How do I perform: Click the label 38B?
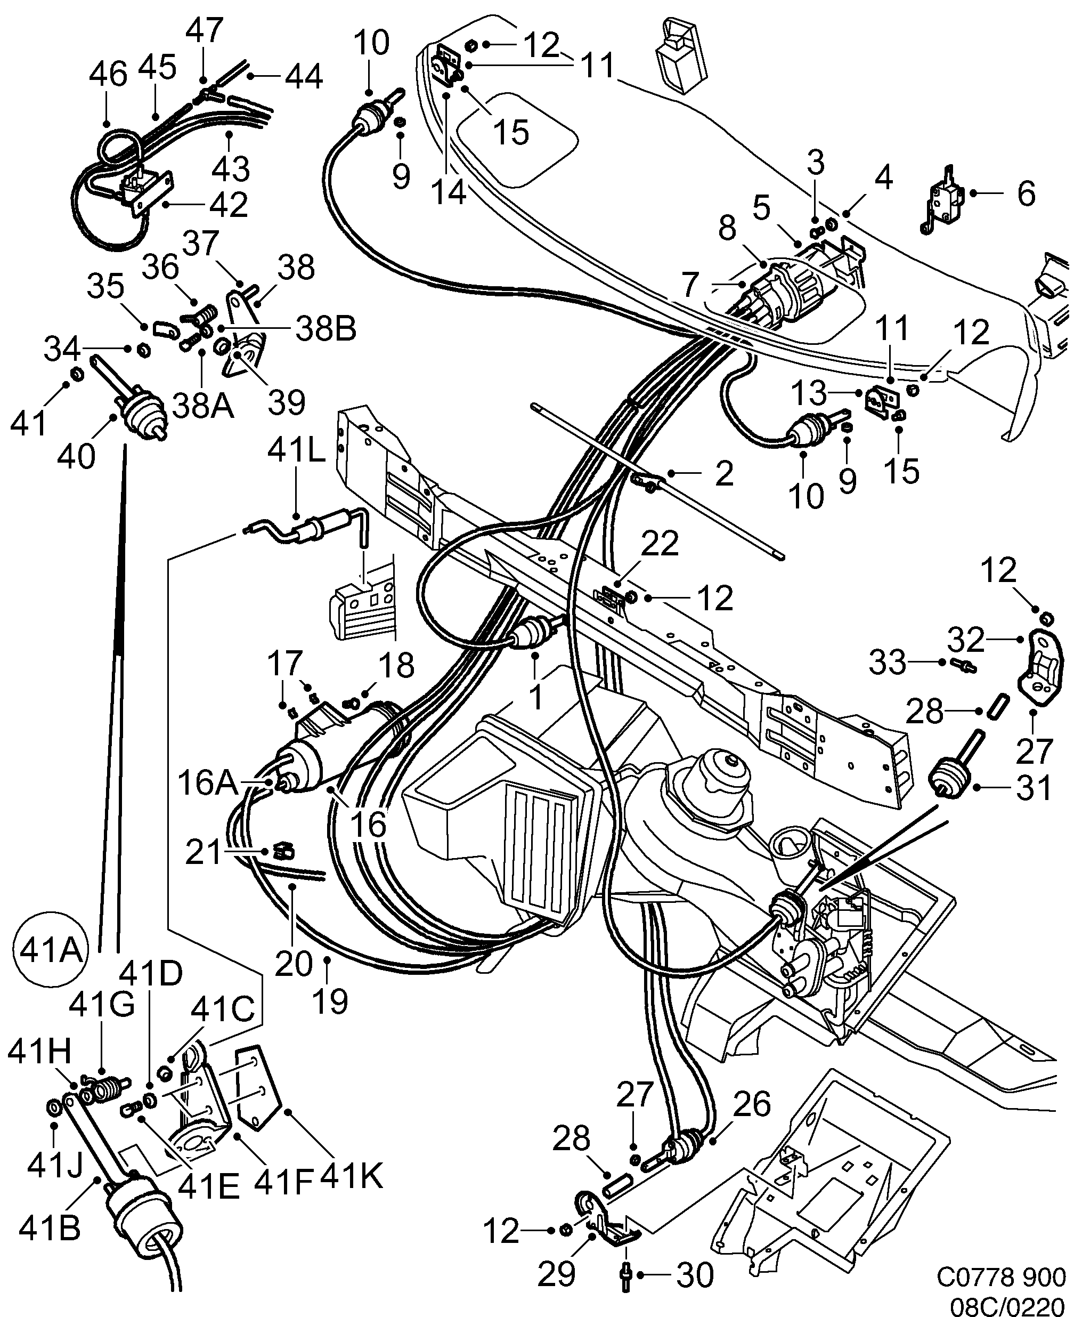tap(326, 329)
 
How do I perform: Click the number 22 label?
tap(660, 544)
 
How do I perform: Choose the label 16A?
tap(207, 782)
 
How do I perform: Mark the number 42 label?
tap(229, 204)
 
